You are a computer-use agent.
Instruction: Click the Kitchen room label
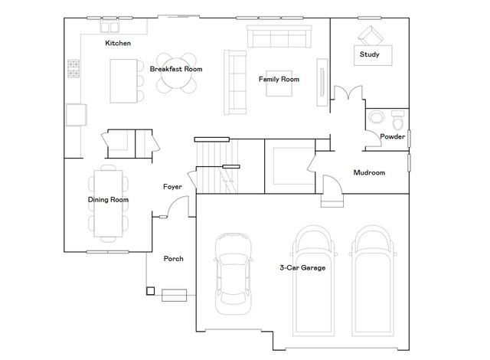(x=118, y=44)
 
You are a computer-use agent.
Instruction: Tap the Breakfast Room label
(x=176, y=69)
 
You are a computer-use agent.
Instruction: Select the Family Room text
(x=279, y=79)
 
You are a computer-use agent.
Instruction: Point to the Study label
(x=370, y=54)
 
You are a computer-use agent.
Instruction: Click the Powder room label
(x=392, y=136)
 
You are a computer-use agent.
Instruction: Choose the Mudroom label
(x=368, y=172)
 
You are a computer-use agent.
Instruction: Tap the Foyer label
(x=172, y=187)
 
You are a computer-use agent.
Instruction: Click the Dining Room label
(x=108, y=200)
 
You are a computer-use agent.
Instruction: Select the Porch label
(x=174, y=259)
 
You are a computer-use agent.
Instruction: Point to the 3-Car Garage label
(x=302, y=268)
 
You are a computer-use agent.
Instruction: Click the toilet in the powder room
(x=397, y=120)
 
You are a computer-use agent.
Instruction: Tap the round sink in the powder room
(x=376, y=118)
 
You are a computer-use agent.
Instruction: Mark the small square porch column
(x=150, y=291)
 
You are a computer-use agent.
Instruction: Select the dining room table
(x=107, y=201)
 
